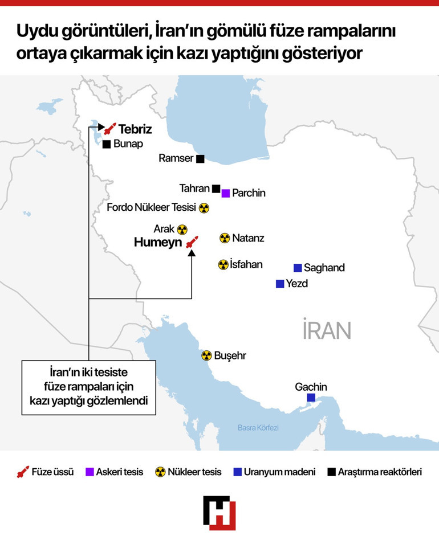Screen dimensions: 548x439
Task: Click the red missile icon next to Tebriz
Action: pyautogui.click(x=110, y=129)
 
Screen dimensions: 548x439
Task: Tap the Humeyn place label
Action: pyautogui.click(x=157, y=243)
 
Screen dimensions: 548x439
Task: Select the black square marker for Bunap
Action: pyautogui.click(x=106, y=144)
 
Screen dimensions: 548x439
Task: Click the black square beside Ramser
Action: pyautogui.click(x=200, y=159)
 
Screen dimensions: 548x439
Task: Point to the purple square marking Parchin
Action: pyautogui.click(x=226, y=193)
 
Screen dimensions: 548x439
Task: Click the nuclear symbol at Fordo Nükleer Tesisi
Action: pyautogui.click(x=204, y=208)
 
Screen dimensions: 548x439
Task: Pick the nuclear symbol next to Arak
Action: pyautogui.click(x=182, y=229)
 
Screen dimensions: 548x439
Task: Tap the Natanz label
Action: pyautogui.click(x=249, y=238)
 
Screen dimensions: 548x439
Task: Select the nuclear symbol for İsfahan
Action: pyautogui.click(x=223, y=264)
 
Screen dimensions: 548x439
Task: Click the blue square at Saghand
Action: pyautogui.click(x=297, y=268)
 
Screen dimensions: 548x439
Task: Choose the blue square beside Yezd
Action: pyautogui.click(x=279, y=284)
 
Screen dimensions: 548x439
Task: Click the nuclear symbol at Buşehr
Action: pyautogui.click(x=206, y=355)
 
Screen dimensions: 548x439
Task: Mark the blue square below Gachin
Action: pyautogui.click(x=311, y=398)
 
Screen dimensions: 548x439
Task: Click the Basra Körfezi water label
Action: pyautogui.click(x=258, y=428)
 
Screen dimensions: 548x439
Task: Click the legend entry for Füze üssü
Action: pyautogui.click(x=46, y=472)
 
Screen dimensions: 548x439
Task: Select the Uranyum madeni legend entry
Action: pyautogui.click(x=274, y=472)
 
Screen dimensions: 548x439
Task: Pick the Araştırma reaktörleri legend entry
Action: pyautogui.click(x=375, y=472)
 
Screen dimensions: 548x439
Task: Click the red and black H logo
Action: pyautogui.click(x=219, y=513)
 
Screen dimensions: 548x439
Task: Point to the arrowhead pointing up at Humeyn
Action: pyautogui.click(x=192, y=253)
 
